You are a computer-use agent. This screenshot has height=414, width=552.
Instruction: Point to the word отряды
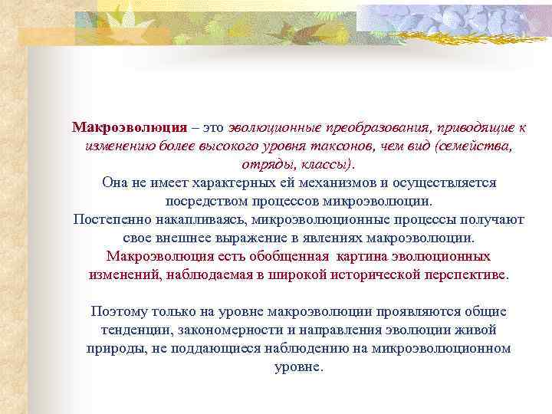click(x=263, y=164)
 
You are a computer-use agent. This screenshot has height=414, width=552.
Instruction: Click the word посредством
click(x=202, y=201)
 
